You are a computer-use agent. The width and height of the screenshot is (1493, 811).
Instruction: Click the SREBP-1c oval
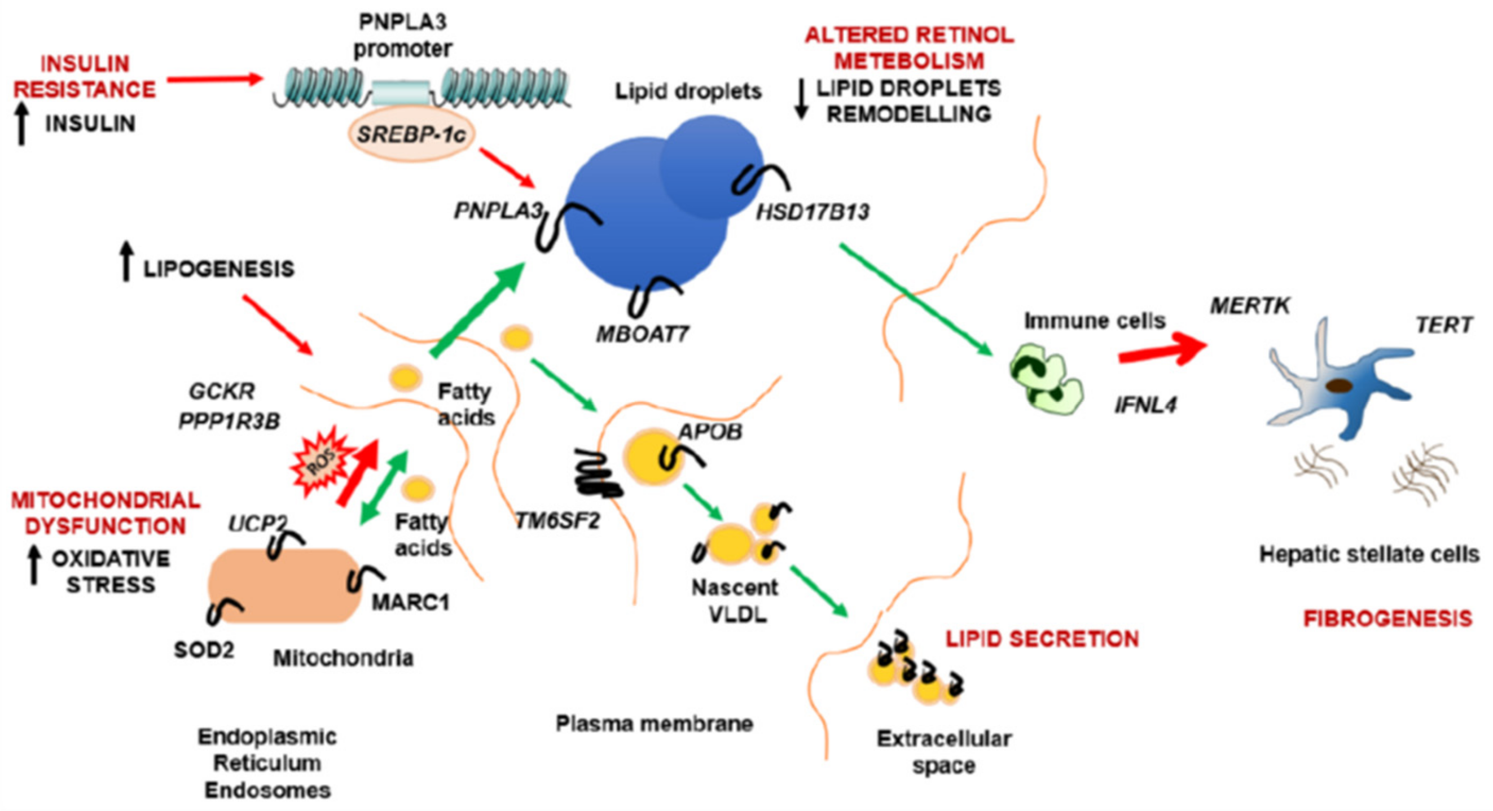[x=411, y=134]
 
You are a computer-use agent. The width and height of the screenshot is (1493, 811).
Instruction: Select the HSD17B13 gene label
[x=813, y=212]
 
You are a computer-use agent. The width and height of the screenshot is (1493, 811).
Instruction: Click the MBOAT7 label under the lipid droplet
[x=642, y=334]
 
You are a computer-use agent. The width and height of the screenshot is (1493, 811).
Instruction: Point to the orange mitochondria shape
[x=284, y=585]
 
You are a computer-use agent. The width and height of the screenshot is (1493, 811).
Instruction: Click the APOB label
[x=710, y=432]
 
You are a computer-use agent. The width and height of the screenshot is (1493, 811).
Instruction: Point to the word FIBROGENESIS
[x=1387, y=619]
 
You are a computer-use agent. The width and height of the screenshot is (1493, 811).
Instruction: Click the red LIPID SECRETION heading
[x=1042, y=639]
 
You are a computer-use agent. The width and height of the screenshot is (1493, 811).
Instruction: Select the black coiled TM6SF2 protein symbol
[x=597, y=474]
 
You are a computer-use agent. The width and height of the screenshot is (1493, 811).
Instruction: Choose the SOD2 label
[x=204, y=650]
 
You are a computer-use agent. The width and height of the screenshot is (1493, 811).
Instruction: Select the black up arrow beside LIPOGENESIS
[x=126, y=262]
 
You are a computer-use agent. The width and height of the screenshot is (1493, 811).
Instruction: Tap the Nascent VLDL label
[x=735, y=600]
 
